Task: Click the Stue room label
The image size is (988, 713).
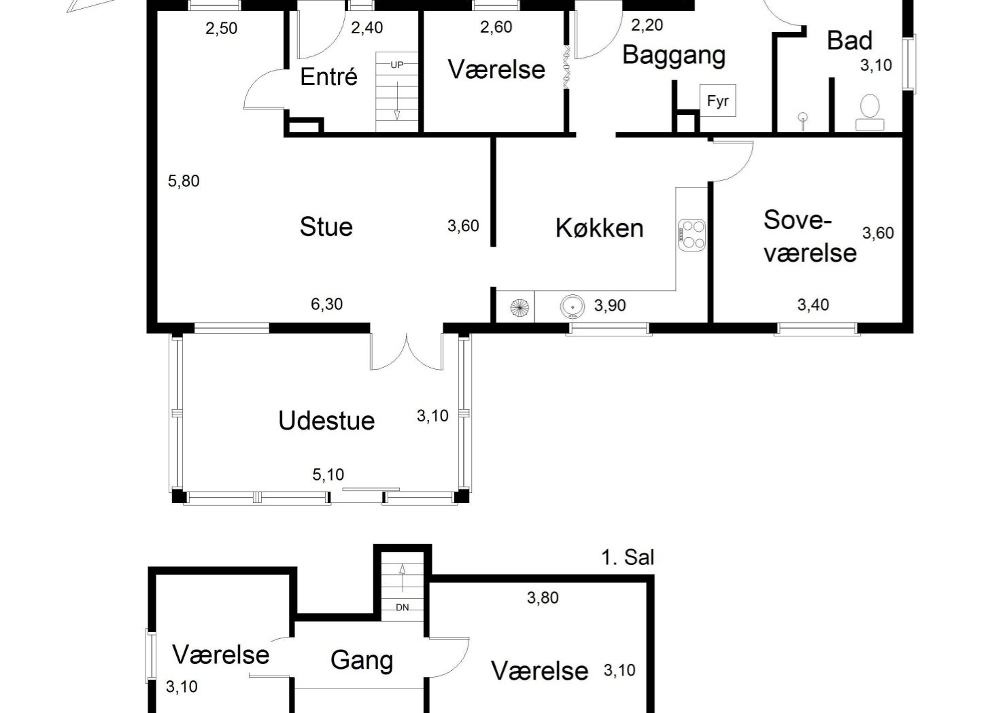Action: (x=326, y=226)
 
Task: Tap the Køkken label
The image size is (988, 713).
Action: (x=599, y=228)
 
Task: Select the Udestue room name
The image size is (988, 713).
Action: (x=326, y=421)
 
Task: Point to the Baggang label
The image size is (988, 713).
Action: (x=674, y=55)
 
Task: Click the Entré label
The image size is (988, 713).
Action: (x=328, y=77)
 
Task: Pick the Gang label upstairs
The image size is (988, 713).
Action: (x=361, y=660)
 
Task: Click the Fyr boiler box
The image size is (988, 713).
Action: (x=717, y=101)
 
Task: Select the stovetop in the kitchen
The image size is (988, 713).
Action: (x=691, y=234)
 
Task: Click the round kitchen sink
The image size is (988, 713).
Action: (x=573, y=307)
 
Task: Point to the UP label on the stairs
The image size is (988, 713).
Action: (x=397, y=65)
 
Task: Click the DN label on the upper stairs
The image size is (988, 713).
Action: (x=403, y=608)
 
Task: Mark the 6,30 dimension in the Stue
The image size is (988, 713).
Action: (x=326, y=305)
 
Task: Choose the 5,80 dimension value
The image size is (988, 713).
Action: (x=184, y=181)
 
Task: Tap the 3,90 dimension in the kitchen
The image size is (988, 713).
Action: (x=610, y=306)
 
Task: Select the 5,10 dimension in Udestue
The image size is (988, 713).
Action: (x=328, y=474)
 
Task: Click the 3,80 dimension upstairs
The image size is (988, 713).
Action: (x=543, y=598)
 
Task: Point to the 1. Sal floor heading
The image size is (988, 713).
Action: (x=627, y=558)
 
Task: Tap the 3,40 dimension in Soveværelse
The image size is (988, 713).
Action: (x=813, y=305)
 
